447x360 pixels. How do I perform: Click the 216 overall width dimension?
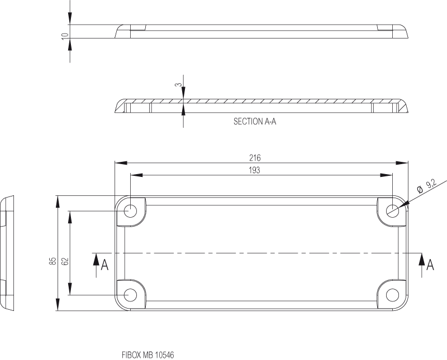tap(255, 158)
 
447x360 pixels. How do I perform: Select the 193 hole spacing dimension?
tap(254, 170)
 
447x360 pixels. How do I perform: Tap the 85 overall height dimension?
tap(53, 261)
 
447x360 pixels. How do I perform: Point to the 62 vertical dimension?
tap(65, 261)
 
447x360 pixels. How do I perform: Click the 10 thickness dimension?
tap(65, 36)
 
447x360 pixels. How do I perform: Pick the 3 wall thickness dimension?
tap(178, 85)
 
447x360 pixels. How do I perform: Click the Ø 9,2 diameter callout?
tap(427, 186)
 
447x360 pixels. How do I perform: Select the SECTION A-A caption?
tap(255, 122)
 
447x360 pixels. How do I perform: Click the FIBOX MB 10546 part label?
tap(148, 355)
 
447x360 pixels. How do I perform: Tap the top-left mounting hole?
tap(131, 211)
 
